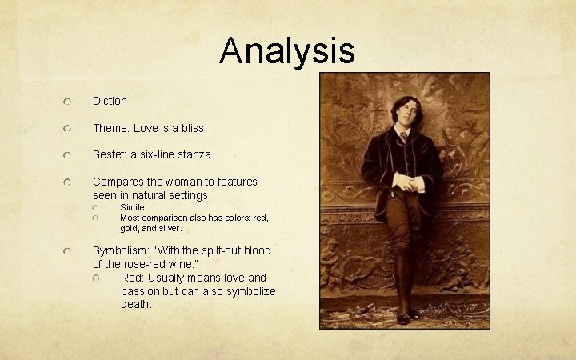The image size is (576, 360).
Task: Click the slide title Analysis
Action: click(287, 50)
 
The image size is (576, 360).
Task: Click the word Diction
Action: click(110, 101)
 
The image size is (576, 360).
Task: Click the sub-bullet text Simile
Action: click(132, 207)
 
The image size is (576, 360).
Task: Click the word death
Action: click(136, 305)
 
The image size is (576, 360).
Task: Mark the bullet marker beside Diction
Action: click(70, 102)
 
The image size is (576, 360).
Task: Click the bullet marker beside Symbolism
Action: click(70, 251)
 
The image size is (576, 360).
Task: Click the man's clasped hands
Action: click(407, 183)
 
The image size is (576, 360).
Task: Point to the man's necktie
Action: click(404, 137)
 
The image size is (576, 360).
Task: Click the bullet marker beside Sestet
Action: click(70, 154)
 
